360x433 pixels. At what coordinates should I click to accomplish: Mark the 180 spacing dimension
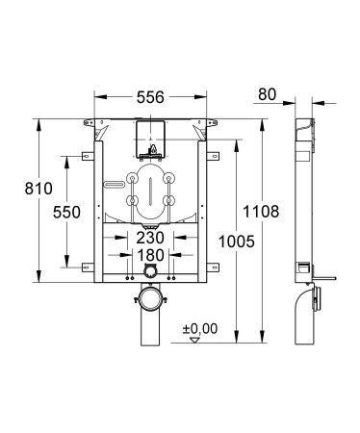(x=148, y=257)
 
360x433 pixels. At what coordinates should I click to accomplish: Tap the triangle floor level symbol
(x=195, y=339)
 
